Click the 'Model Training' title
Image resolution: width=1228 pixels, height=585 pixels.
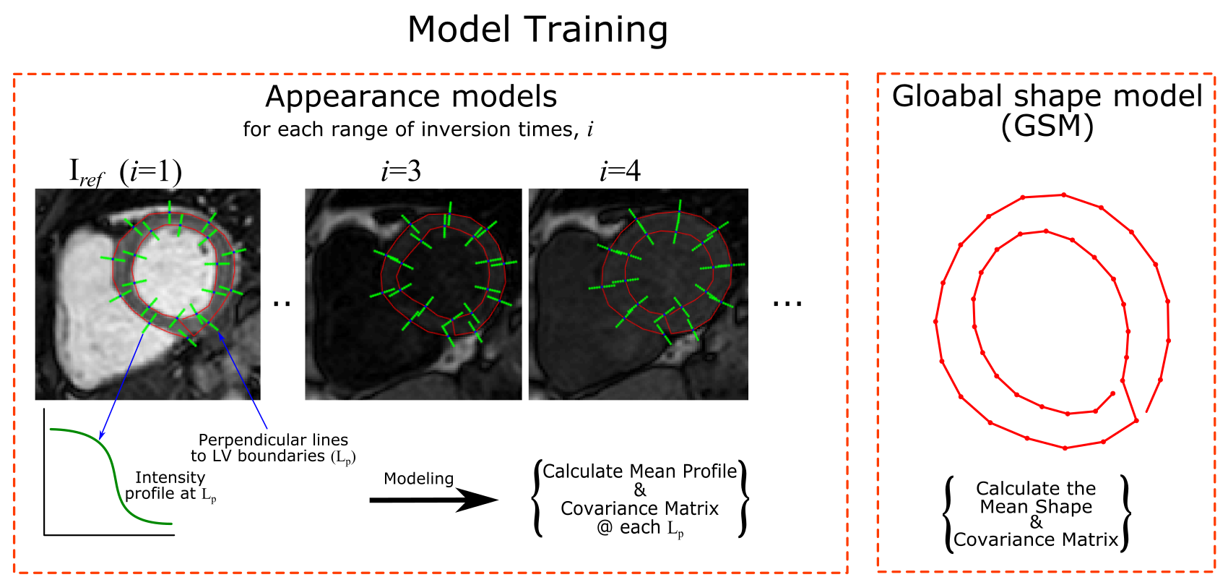(537, 30)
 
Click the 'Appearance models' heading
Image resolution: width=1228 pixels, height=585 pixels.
(411, 97)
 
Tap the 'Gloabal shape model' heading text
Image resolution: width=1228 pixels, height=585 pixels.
(1047, 96)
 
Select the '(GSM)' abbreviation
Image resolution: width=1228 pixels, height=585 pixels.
(1047, 127)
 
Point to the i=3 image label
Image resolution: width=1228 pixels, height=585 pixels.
(401, 171)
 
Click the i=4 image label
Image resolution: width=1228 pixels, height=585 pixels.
(620, 171)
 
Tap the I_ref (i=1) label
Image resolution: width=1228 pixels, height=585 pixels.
(125, 172)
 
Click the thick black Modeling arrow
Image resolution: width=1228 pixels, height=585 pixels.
(433, 500)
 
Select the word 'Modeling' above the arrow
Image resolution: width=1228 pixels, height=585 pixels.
(418, 479)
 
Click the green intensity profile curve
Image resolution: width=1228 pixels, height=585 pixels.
(114, 470)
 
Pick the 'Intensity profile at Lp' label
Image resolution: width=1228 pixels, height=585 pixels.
(170, 486)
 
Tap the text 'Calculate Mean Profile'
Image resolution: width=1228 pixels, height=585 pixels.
(640, 471)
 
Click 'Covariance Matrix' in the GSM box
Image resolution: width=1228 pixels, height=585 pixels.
(1036, 539)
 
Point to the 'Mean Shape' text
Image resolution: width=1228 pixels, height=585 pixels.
(1036, 506)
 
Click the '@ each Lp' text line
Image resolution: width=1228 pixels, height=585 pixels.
(640, 528)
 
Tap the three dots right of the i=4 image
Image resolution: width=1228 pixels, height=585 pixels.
(787, 304)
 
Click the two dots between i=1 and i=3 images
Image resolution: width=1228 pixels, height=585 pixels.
(282, 304)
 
